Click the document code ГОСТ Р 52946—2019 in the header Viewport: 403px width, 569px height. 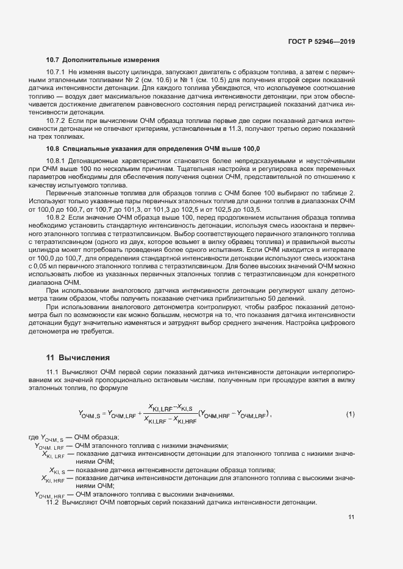(321, 42)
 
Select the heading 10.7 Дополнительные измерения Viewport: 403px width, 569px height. (102, 60)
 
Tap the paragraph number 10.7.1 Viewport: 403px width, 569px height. (56, 72)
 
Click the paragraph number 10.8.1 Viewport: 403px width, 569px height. (56, 161)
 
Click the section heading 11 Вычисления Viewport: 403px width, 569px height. (77, 357)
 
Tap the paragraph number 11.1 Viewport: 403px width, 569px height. (52, 371)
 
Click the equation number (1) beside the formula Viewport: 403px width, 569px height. (350, 414)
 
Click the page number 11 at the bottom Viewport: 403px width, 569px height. (351, 517)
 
